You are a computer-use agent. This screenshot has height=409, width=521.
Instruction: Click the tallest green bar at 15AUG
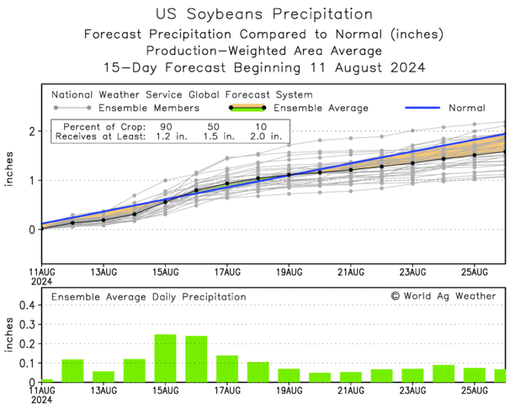coord(165,359)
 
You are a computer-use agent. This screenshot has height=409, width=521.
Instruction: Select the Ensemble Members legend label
coord(149,108)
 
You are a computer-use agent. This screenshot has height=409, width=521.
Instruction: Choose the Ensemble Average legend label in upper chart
coord(322,108)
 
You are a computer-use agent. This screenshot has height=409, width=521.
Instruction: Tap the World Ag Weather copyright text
coord(444,296)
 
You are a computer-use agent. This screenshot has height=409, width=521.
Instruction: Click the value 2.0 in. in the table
coord(266,135)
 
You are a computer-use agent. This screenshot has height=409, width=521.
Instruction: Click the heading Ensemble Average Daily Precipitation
coord(149,297)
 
